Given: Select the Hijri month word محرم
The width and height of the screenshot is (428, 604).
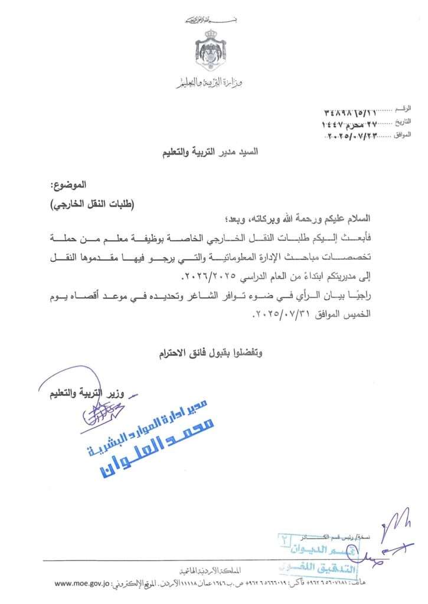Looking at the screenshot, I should pos(353,124).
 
